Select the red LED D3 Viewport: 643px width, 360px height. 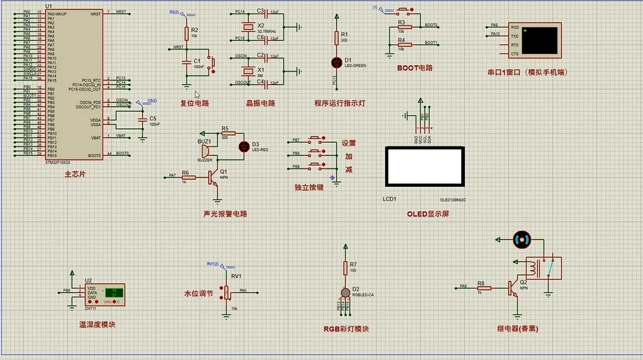pos(243,146)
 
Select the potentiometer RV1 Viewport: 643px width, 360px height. pos(226,292)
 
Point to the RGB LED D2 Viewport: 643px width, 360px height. pos(345,292)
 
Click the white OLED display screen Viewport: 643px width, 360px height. pos(424,167)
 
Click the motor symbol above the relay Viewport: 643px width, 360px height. pos(521,240)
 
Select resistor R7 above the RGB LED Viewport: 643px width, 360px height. pos(345,268)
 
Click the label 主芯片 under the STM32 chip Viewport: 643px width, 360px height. pos(75,174)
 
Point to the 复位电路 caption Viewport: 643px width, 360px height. pos(194,103)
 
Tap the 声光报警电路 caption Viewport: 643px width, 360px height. pos(225,214)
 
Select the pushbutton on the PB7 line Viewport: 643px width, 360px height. pos(315,139)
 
